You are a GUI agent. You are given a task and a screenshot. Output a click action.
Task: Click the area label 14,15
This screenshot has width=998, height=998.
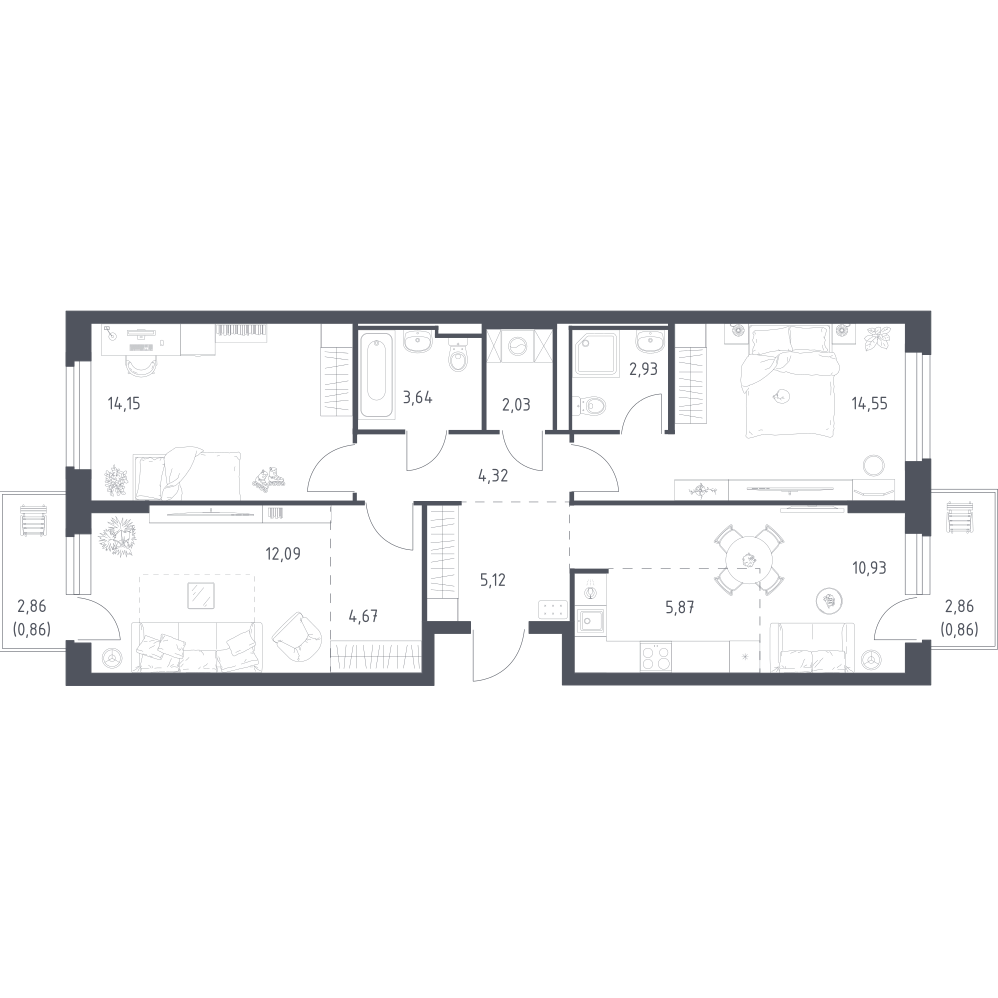(124, 403)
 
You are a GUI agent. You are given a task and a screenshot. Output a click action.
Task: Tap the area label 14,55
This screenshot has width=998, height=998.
(869, 403)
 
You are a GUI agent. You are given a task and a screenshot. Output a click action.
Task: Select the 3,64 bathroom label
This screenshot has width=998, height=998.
(418, 398)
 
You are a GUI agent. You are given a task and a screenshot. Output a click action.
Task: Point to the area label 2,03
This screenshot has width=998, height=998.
(516, 405)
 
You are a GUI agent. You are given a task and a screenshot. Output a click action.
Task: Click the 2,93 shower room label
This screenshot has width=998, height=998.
(643, 370)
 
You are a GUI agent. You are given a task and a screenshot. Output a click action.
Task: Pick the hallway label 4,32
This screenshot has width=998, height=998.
(493, 475)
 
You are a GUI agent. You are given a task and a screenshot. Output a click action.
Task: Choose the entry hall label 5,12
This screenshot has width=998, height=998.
(493, 580)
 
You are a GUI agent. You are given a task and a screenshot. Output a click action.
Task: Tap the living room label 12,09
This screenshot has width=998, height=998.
(283, 554)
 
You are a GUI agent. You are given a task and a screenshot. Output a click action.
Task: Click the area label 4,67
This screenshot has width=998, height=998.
(364, 616)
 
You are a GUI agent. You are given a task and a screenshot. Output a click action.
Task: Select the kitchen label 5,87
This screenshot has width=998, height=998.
(679, 607)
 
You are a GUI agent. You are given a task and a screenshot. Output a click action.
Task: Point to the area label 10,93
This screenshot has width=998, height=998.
(869, 567)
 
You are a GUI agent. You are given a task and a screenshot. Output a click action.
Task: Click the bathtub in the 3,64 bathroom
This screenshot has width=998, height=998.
(377, 375)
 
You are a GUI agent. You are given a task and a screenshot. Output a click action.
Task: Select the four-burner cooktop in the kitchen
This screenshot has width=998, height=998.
(656, 656)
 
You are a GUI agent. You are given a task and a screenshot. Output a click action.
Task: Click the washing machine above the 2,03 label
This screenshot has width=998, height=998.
(517, 346)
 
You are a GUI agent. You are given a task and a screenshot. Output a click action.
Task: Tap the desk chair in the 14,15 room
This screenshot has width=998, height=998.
(140, 366)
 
